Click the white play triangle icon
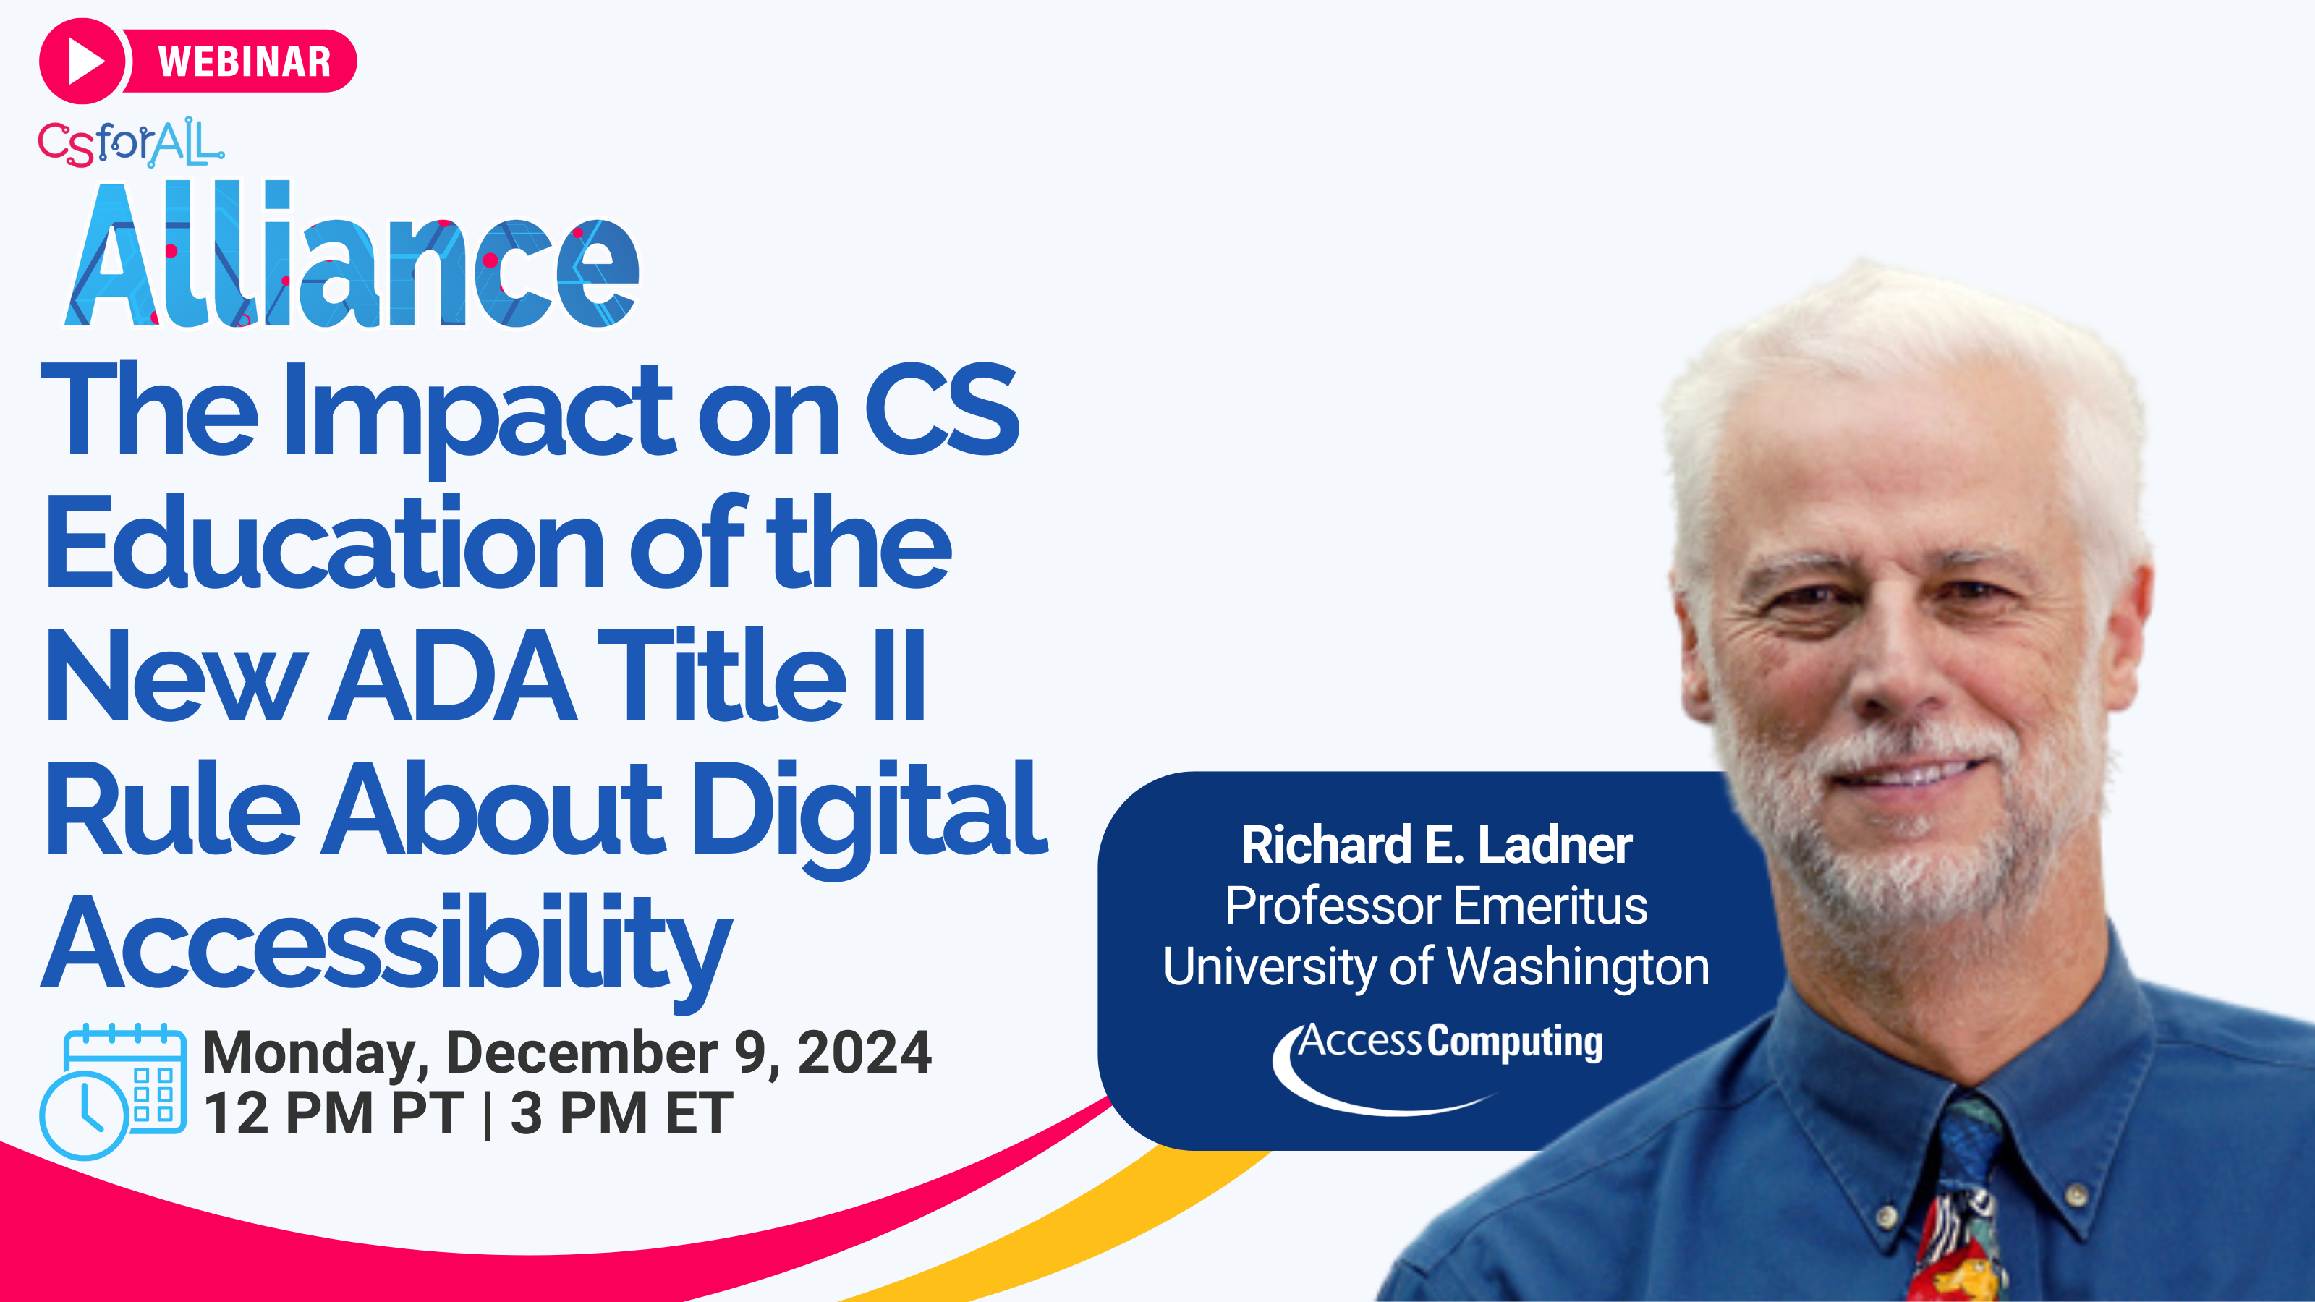click(86, 61)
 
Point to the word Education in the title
click(326, 545)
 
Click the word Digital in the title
click(869, 813)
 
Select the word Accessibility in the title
click(388, 948)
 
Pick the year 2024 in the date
click(865, 1052)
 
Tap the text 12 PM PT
click(334, 1113)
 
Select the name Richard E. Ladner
click(1436, 845)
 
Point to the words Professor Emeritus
click(1436, 905)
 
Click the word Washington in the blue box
click(1578, 967)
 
